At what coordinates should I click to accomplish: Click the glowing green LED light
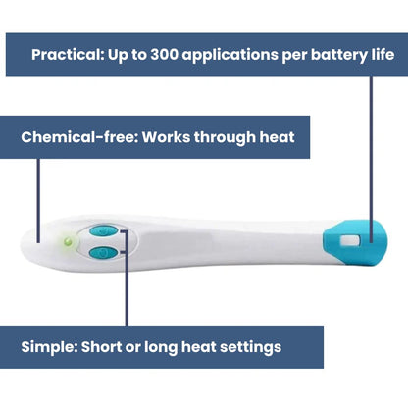pyautogui.click(x=69, y=242)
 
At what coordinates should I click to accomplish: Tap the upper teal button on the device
pyautogui.click(x=104, y=231)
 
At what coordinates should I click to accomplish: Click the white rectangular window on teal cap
pyautogui.click(x=350, y=241)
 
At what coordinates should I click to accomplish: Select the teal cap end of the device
pyautogui.click(x=355, y=242)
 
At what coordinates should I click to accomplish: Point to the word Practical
pyautogui.click(x=68, y=54)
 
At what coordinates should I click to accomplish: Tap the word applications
pyautogui.click(x=230, y=55)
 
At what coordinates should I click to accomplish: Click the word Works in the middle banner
pyautogui.click(x=166, y=137)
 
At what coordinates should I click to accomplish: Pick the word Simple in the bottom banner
pyautogui.click(x=49, y=347)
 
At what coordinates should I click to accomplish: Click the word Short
pyautogui.click(x=101, y=347)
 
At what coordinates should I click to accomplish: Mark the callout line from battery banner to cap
pyautogui.click(x=371, y=159)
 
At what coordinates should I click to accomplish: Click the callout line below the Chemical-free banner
pyautogui.click(x=38, y=201)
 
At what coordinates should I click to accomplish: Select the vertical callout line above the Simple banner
pyautogui.click(x=127, y=278)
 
